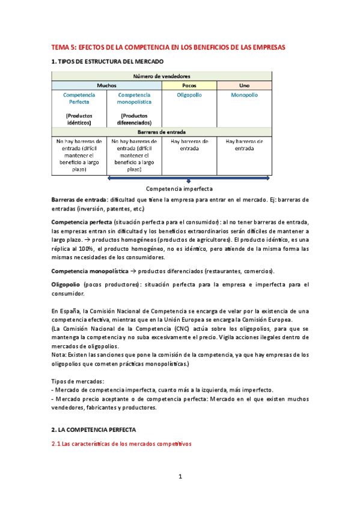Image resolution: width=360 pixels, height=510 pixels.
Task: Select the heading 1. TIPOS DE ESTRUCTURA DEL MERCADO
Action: pyautogui.click(x=107, y=62)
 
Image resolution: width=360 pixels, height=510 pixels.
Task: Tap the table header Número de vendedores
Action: pyautogui.click(x=162, y=76)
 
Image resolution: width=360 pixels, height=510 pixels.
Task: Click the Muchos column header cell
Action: pyautogui.click(x=106, y=86)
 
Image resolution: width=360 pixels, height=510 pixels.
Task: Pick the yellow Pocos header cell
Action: pyautogui.click(x=189, y=86)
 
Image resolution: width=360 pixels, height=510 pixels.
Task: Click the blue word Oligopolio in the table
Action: pyautogui.click(x=189, y=95)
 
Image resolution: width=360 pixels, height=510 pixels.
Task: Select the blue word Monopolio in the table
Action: pyautogui.click(x=244, y=95)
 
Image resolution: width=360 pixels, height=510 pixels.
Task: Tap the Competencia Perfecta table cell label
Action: pyautogui.click(x=79, y=99)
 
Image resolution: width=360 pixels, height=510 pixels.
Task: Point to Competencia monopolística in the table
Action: pyautogui.click(x=134, y=99)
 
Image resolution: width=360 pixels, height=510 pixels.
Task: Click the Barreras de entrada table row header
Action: pyautogui.click(x=162, y=131)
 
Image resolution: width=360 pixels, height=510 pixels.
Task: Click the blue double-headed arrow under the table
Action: pyautogui.click(x=189, y=178)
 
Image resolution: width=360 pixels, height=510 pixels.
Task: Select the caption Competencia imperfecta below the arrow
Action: pyautogui.click(x=179, y=188)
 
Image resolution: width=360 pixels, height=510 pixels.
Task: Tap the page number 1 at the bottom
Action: pyautogui.click(x=180, y=477)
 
